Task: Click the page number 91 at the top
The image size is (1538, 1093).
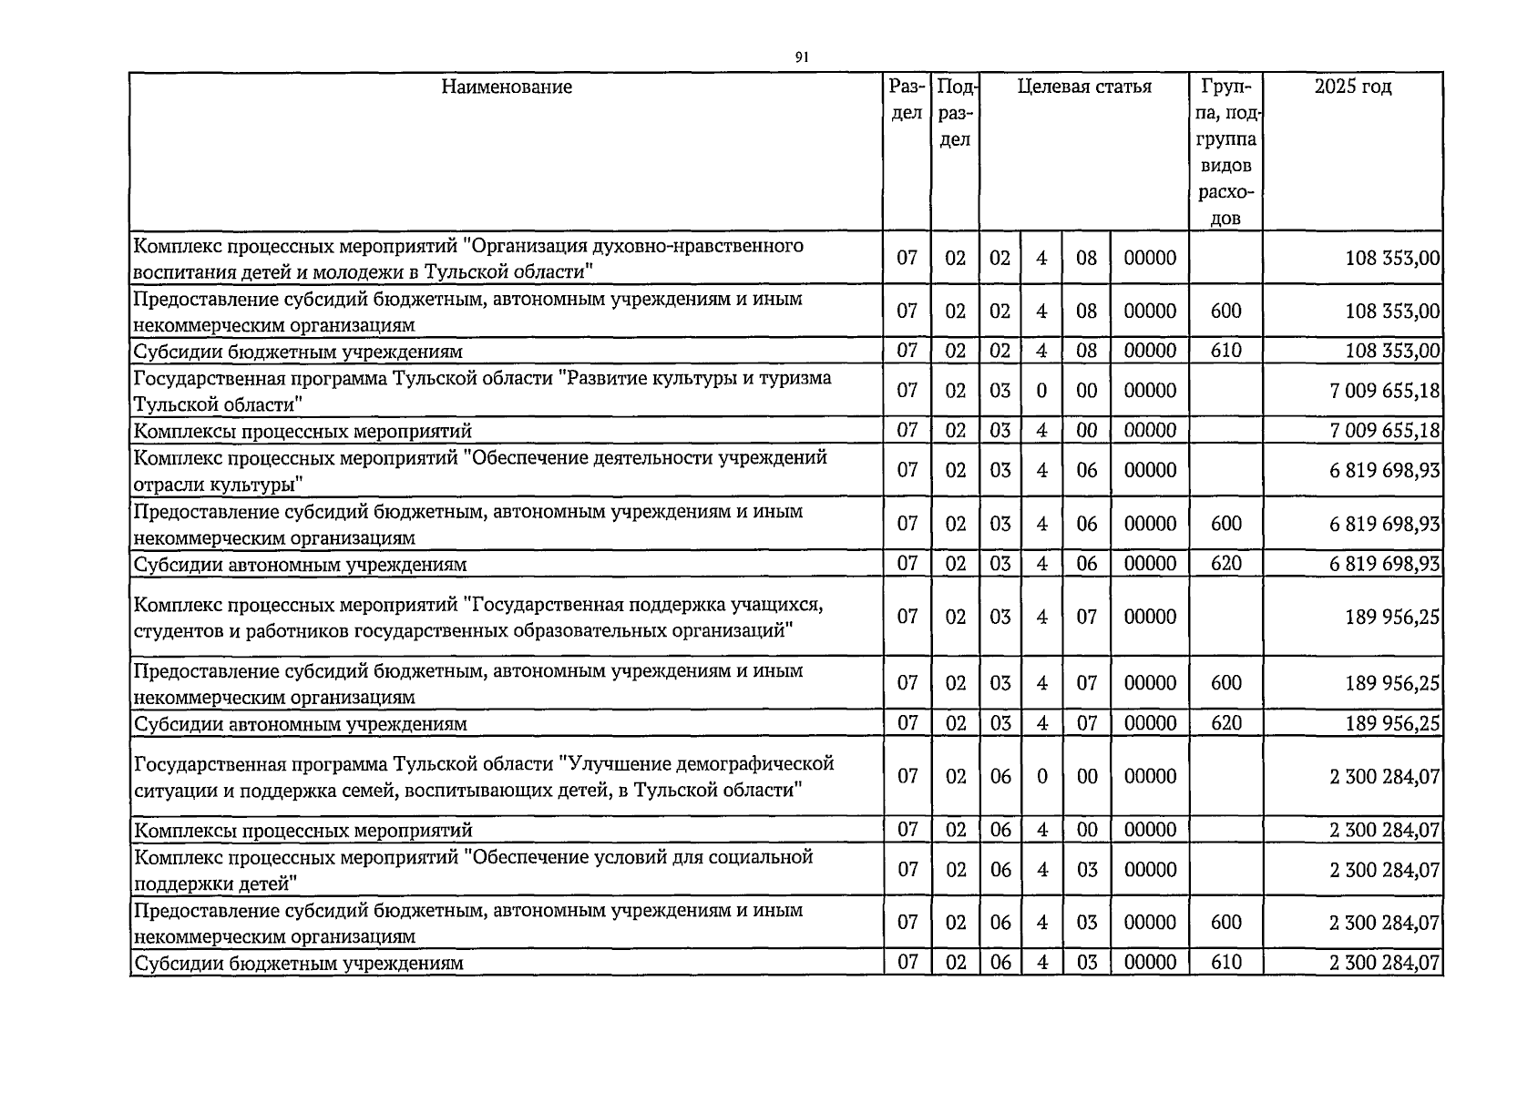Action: pyautogui.click(x=801, y=57)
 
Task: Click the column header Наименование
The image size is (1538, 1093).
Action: pyautogui.click(x=507, y=87)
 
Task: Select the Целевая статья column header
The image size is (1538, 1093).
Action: pyautogui.click(x=1084, y=87)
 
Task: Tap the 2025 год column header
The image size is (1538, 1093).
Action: pyautogui.click(x=1353, y=87)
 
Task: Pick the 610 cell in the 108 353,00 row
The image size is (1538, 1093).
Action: pyautogui.click(x=1225, y=351)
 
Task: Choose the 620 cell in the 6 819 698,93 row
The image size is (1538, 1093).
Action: pyautogui.click(x=1225, y=564)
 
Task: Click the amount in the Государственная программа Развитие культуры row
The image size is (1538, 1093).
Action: pyautogui.click(x=1384, y=391)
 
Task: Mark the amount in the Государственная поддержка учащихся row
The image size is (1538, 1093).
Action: pyautogui.click(x=1391, y=617)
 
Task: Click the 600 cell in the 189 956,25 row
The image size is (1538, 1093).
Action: pyautogui.click(x=1225, y=683)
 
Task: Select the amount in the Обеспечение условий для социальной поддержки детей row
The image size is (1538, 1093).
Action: pyautogui.click(x=1384, y=870)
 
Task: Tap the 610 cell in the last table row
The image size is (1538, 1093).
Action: pyautogui.click(x=1225, y=963)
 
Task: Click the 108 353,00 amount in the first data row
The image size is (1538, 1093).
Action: pyautogui.click(x=1391, y=258)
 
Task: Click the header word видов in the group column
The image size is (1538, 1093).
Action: pyautogui.click(x=1225, y=167)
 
